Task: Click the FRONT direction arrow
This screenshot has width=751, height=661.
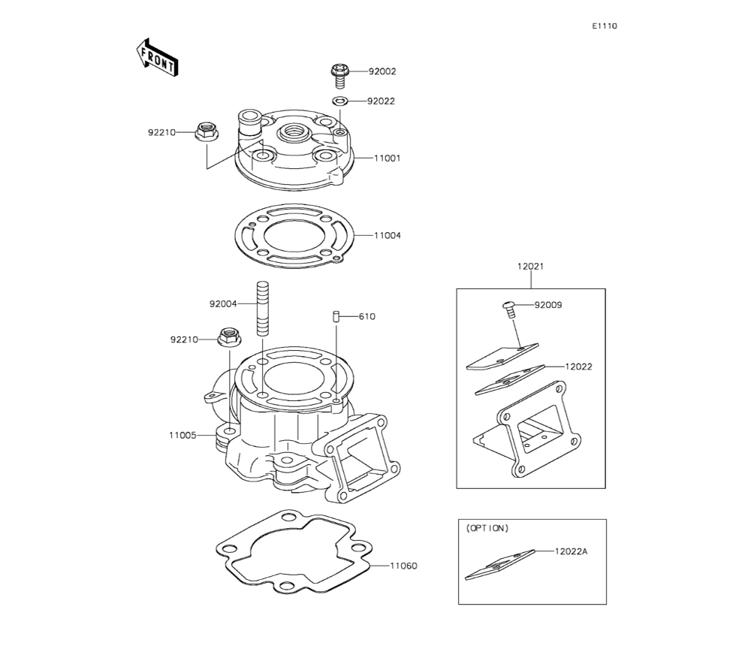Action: point(157,58)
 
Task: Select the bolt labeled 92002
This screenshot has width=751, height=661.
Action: point(339,76)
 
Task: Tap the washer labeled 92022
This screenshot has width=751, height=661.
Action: point(340,101)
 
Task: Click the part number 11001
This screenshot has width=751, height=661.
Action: point(387,158)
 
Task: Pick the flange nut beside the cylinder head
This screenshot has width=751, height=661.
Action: point(207,131)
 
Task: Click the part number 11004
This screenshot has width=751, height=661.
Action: point(387,235)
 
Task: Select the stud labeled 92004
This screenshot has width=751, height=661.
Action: point(262,308)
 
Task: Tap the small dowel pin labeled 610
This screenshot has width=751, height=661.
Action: point(336,317)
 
